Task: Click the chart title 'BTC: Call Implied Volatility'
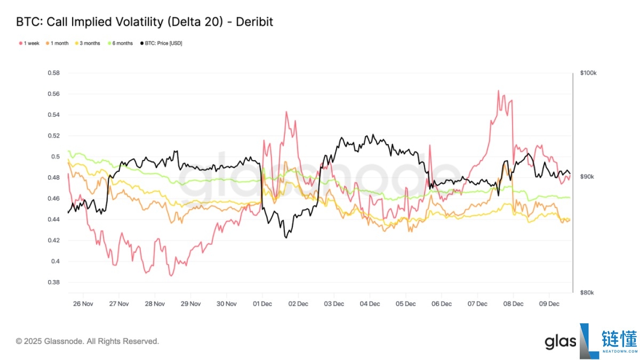[145, 22]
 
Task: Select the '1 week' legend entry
[27, 43]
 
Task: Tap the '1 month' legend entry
[59, 43]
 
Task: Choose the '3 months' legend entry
[89, 43]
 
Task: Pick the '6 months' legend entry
[122, 43]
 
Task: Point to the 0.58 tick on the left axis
[53, 73]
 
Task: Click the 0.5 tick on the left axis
[55, 157]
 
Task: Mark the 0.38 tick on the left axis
[53, 282]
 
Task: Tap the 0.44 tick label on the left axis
[53, 219]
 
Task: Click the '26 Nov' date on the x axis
[83, 304]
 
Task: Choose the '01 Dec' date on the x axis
[262, 304]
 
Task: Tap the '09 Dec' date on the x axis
[549, 304]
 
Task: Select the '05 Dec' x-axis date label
[405, 304]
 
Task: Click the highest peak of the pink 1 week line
[498, 91]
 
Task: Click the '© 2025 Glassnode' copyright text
[87, 341]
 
